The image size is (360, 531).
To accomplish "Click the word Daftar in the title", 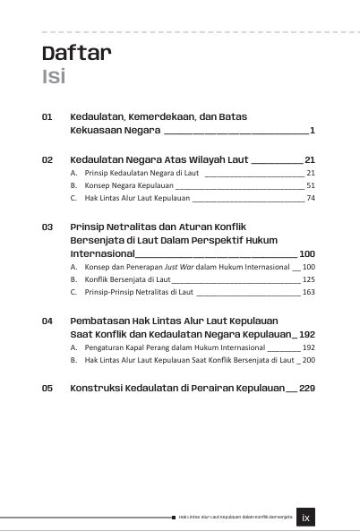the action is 76,53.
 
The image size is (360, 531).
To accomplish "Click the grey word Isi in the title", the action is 54,76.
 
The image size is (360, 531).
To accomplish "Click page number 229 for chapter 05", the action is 306,389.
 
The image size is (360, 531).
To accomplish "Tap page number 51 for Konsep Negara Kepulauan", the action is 311,185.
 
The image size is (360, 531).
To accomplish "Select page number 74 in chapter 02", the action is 311,198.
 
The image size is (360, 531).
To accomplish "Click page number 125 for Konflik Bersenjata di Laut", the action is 308,279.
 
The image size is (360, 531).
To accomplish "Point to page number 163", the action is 308,292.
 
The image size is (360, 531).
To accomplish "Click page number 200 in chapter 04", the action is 308,359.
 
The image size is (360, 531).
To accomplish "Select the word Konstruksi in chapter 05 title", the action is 99,389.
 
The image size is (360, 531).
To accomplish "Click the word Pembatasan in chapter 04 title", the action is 101,320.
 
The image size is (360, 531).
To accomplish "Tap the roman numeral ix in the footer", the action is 306,517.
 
